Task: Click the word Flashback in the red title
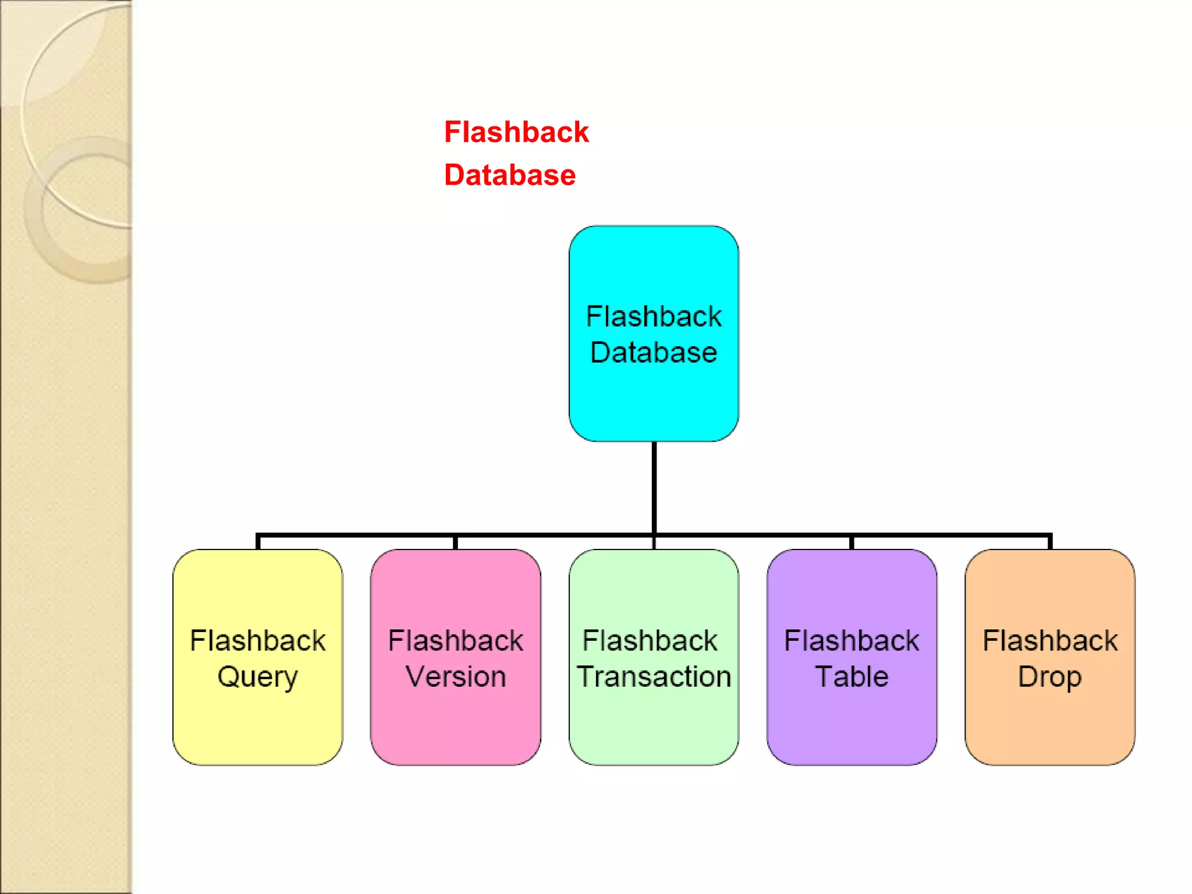516,132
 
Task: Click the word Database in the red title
510,175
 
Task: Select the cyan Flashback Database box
654,396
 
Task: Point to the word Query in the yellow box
257,677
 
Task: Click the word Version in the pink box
455,676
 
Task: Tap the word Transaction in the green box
654,676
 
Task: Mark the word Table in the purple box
852,676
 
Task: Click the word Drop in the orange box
1049,677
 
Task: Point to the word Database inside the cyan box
654,353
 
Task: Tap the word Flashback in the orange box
1050,641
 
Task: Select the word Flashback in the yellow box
257,641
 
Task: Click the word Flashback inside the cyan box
654,317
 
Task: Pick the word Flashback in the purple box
852,641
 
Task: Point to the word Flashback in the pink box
455,641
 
